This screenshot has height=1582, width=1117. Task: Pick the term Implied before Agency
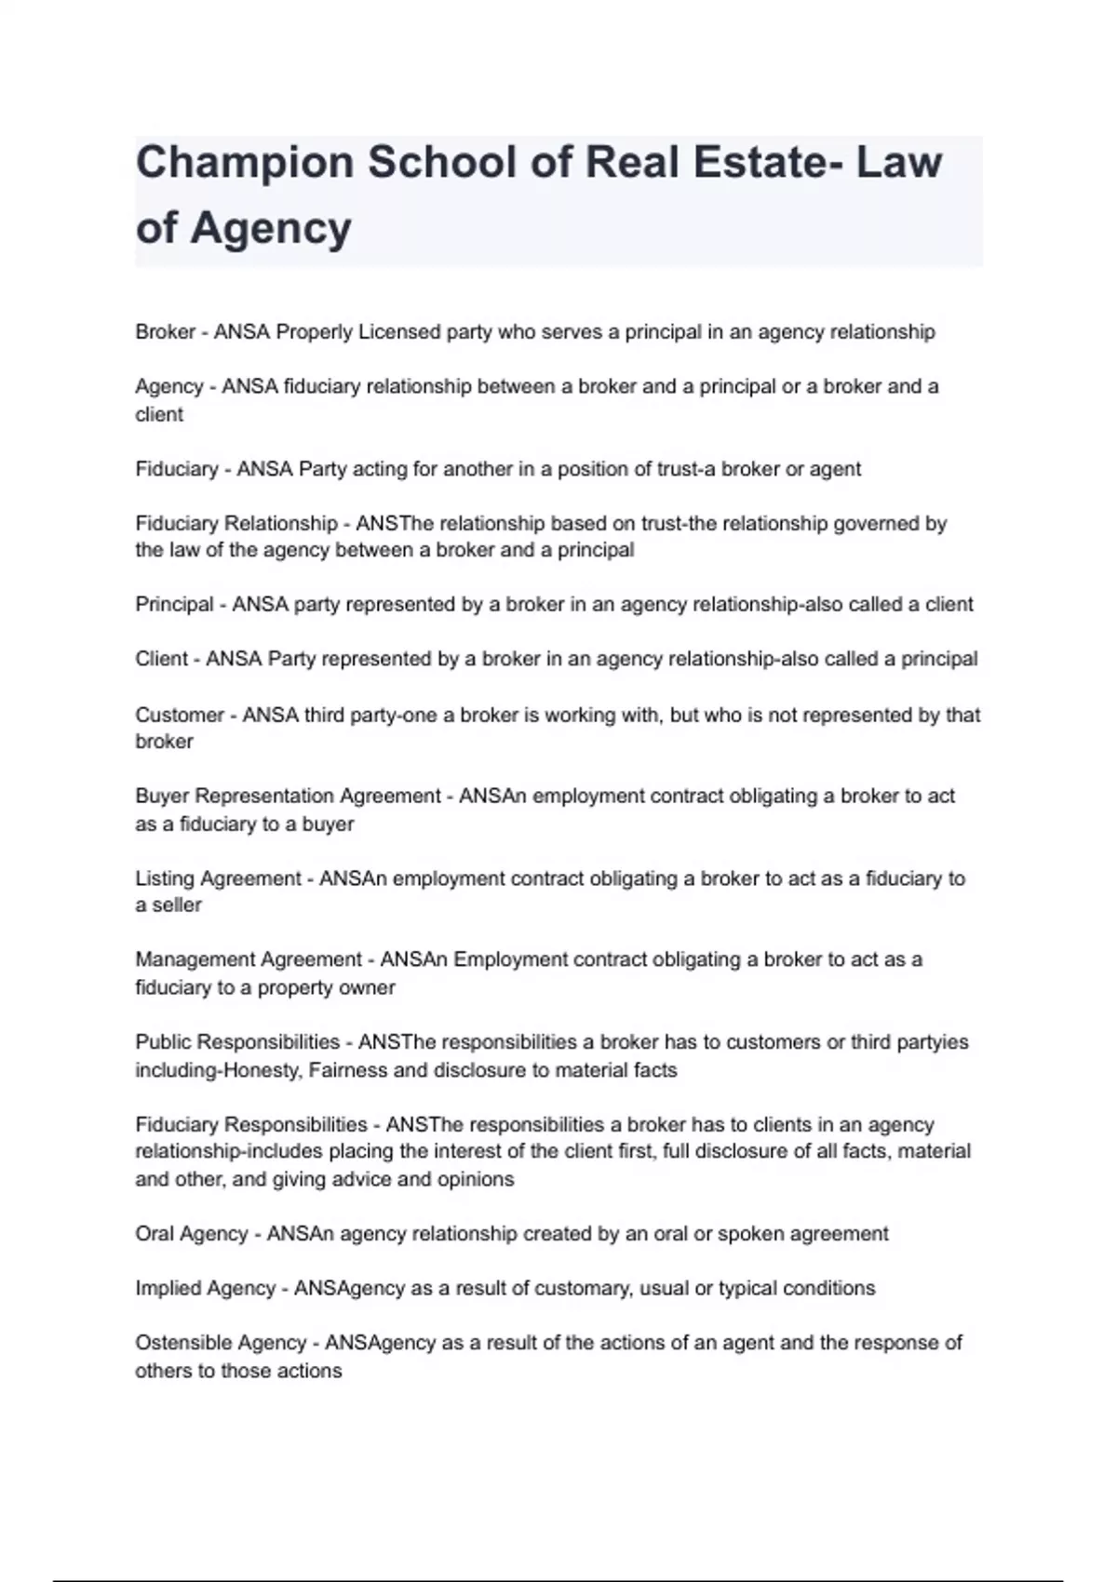168,1289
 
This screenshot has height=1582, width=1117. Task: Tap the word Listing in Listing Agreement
165,878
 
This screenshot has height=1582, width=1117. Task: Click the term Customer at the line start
180,715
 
